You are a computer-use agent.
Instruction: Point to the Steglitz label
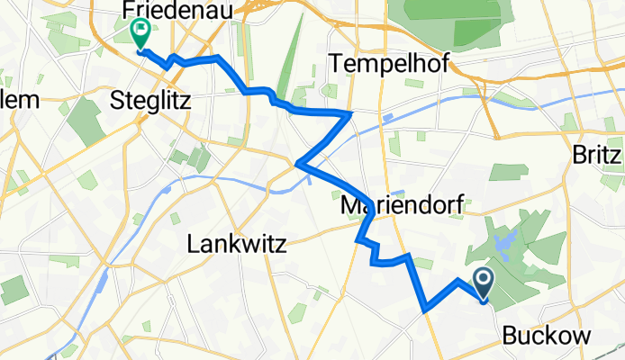click(x=149, y=99)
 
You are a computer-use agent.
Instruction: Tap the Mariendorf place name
click(x=403, y=206)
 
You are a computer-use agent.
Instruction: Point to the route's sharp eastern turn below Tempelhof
click(x=349, y=113)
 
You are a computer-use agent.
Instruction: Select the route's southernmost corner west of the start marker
click(x=423, y=310)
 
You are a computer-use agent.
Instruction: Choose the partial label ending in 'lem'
click(x=20, y=99)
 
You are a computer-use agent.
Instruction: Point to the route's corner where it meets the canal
click(x=297, y=164)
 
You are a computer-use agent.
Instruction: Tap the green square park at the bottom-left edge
click(x=14, y=290)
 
